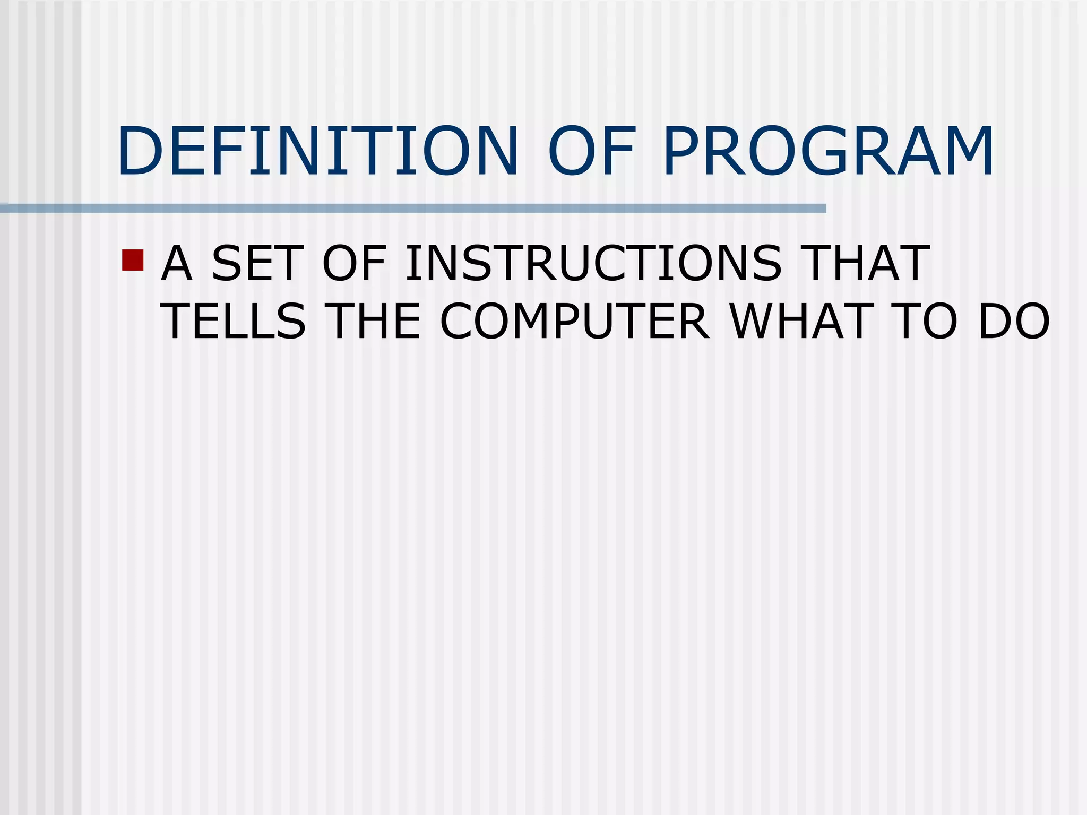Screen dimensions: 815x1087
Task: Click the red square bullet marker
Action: tap(133, 260)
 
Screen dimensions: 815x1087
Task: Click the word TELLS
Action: tap(234, 322)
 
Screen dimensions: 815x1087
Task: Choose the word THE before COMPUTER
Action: tap(375, 322)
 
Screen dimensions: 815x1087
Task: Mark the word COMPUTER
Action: tap(574, 322)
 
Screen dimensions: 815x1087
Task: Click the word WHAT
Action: tap(801, 322)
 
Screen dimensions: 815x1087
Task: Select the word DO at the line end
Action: tap(1014, 322)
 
